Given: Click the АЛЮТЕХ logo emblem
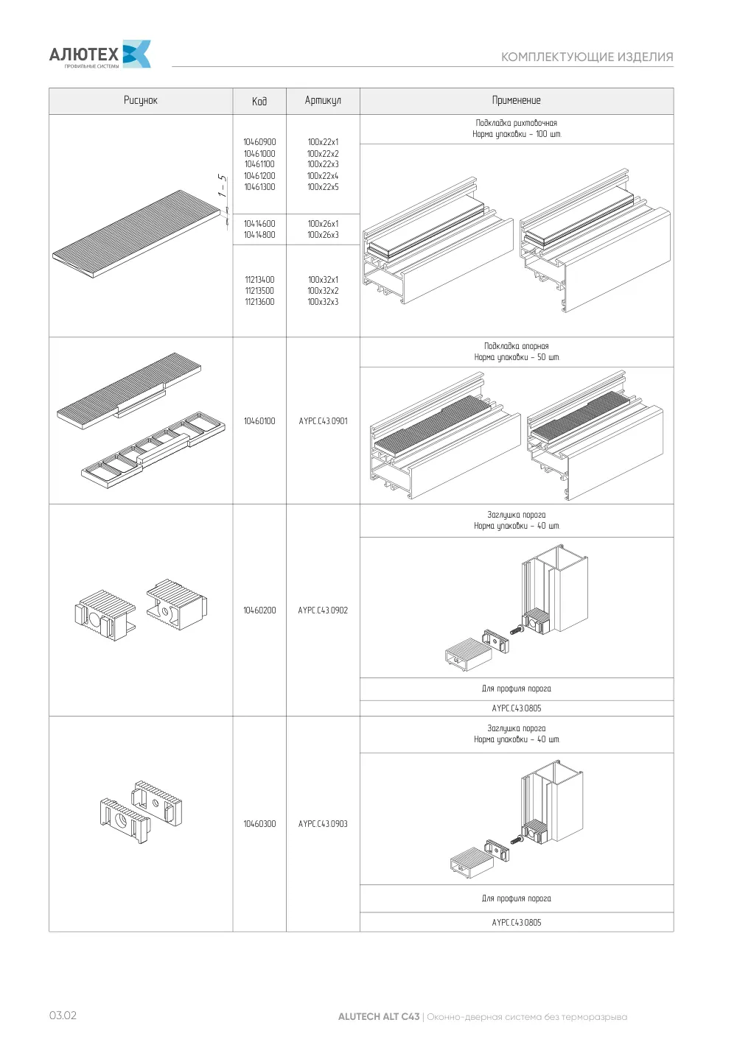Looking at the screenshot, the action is click(x=136, y=54).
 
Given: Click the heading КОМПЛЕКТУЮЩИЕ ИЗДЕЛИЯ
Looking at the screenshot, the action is click(x=587, y=57).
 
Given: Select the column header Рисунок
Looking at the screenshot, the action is click(x=141, y=100).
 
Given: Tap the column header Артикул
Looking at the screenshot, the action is click(x=323, y=100).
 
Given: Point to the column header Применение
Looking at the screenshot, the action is click(x=517, y=100).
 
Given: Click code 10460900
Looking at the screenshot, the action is click(x=259, y=142).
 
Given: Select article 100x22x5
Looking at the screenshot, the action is click(x=323, y=187).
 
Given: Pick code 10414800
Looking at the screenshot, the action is click(x=259, y=235).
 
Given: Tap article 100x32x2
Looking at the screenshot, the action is click(x=323, y=291).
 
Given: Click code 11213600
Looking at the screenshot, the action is click(x=259, y=302).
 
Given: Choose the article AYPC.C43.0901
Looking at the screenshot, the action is click(x=323, y=421).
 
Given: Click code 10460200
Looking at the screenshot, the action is click(x=259, y=610).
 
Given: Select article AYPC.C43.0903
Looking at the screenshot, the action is click(x=323, y=824).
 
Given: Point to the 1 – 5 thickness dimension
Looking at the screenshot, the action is click(x=223, y=185).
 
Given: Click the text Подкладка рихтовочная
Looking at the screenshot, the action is click(x=517, y=123).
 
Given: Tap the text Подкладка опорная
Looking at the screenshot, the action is click(x=517, y=346).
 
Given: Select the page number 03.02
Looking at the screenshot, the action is click(x=63, y=1015).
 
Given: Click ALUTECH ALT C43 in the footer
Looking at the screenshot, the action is click(x=379, y=1017).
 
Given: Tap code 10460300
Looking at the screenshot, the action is click(x=259, y=824).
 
